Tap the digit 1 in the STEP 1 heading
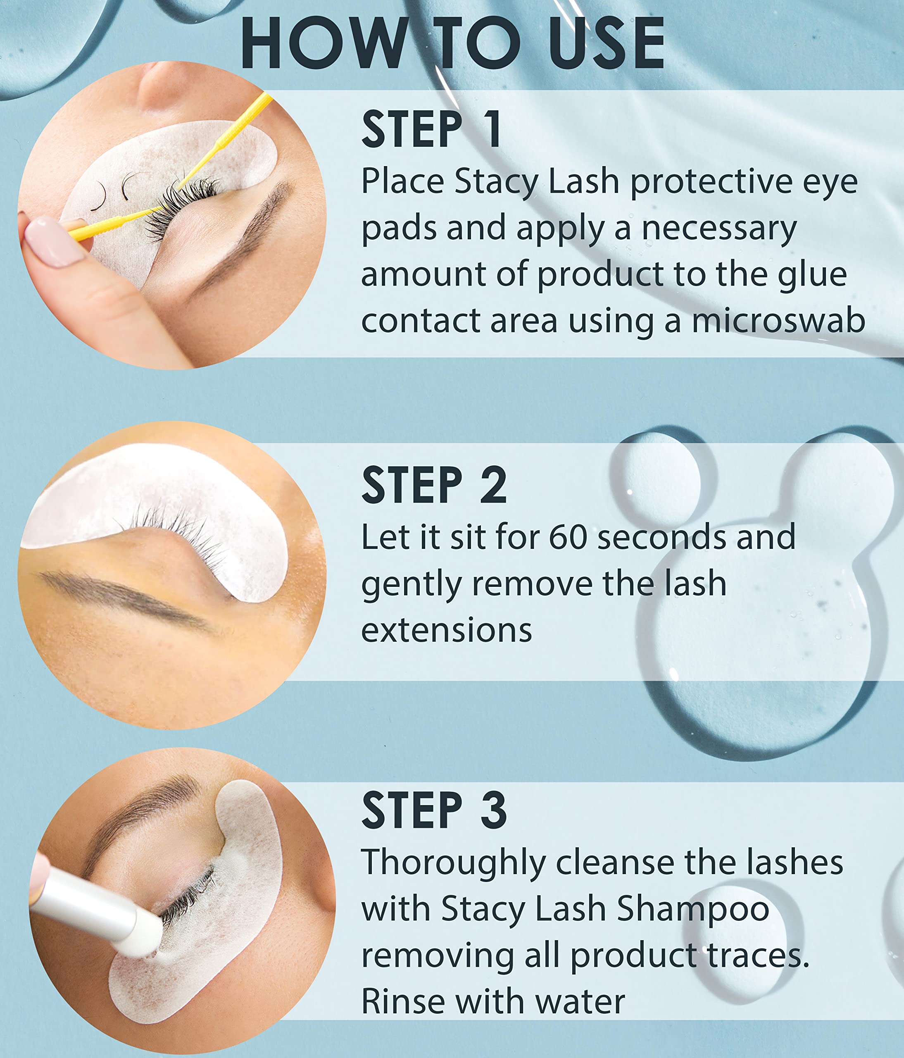(492, 130)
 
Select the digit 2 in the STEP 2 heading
(493, 485)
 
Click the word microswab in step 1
(778, 321)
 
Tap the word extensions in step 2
(447, 630)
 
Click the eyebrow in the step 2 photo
(125, 600)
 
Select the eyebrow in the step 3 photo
(138, 812)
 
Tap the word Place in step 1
(402, 182)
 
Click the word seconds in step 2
(661, 538)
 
